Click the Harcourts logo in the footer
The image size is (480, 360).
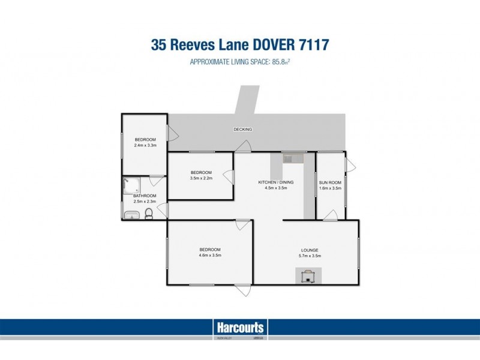[239, 328]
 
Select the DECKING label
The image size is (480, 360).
[243, 129]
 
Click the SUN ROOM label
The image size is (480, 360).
[330, 182]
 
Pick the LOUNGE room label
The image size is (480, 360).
[310, 250]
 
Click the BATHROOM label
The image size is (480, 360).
[145, 196]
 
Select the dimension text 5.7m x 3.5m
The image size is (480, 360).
[310, 256]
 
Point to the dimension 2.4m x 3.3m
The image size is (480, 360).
[145, 145]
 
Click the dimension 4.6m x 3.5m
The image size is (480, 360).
[210, 256]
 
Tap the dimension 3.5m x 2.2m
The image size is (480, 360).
[202, 178]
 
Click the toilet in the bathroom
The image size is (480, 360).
[149, 215]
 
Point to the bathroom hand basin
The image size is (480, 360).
[130, 215]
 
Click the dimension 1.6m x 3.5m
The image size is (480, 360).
[330, 188]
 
